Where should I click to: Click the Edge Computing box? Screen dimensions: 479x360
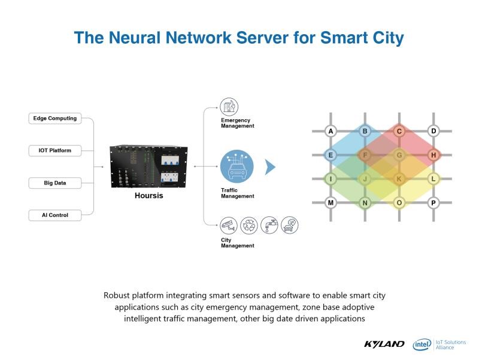pos(55,118)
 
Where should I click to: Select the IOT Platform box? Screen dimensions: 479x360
pos(55,151)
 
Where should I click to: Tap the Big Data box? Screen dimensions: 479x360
pos(55,183)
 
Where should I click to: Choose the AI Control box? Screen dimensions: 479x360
pos(55,215)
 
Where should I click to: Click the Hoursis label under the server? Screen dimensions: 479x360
pos(148,196)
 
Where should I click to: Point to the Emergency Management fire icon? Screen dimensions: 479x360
pos(229,107)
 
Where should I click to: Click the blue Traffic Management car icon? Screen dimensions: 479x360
pos(237,167)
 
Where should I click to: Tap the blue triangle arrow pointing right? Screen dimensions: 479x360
pos(270,167)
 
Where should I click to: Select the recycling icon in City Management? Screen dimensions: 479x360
pos(249,226)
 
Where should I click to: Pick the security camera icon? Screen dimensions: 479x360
pos(229,226)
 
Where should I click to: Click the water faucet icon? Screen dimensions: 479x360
pos(269,225)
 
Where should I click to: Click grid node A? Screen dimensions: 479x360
pos(331,131)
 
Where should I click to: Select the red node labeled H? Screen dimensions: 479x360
pos(433,155)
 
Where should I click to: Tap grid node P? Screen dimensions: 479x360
pos(433,202)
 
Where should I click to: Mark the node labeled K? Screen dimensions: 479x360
pos(399,179)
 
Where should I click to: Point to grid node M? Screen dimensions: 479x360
pos(331,202)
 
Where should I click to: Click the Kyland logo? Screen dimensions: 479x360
pos(384,344)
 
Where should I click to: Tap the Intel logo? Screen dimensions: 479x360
pos(422,344)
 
